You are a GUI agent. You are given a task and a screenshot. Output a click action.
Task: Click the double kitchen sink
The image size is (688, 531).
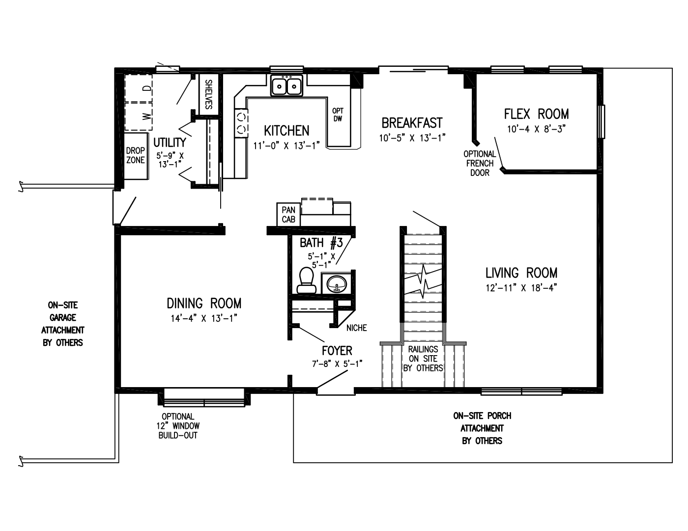point(287,86)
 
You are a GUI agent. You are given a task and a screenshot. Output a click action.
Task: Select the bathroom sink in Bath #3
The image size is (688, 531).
point(337,283)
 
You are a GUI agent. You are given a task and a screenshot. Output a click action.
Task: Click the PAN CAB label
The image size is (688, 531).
point(288,215)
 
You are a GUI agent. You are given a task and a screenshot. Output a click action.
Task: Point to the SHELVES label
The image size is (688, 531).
point(208,94)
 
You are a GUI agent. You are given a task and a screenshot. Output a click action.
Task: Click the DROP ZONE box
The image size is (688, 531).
point(136,155)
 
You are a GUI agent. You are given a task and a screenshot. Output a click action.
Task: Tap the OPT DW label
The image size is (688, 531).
point(338,114)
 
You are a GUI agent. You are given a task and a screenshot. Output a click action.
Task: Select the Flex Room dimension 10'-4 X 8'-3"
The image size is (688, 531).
point(536,129)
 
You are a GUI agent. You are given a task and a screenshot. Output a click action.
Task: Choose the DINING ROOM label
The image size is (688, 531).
point(204,303)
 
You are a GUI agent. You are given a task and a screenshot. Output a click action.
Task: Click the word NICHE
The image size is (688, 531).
point(356,328)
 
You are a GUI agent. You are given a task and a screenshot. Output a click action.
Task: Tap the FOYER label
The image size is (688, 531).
point(337,351)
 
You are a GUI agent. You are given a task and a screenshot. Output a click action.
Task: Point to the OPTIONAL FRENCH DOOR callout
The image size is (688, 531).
point(480,163)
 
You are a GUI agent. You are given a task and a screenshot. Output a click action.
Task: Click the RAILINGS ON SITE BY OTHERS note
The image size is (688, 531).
point(423,359)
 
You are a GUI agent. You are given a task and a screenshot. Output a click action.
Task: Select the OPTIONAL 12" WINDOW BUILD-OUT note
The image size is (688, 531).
point(178,425)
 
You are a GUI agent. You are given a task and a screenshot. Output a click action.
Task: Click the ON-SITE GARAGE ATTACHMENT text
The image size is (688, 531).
point(62,324)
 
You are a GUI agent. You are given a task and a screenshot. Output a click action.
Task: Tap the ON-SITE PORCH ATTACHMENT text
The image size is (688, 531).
point(482,428)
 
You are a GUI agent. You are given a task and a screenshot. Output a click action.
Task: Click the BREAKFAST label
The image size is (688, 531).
point(412,123)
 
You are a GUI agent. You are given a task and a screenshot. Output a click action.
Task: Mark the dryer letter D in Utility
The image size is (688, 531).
point(146,88)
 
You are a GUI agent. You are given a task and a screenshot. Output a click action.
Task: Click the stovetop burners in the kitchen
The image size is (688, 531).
point(241,123)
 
